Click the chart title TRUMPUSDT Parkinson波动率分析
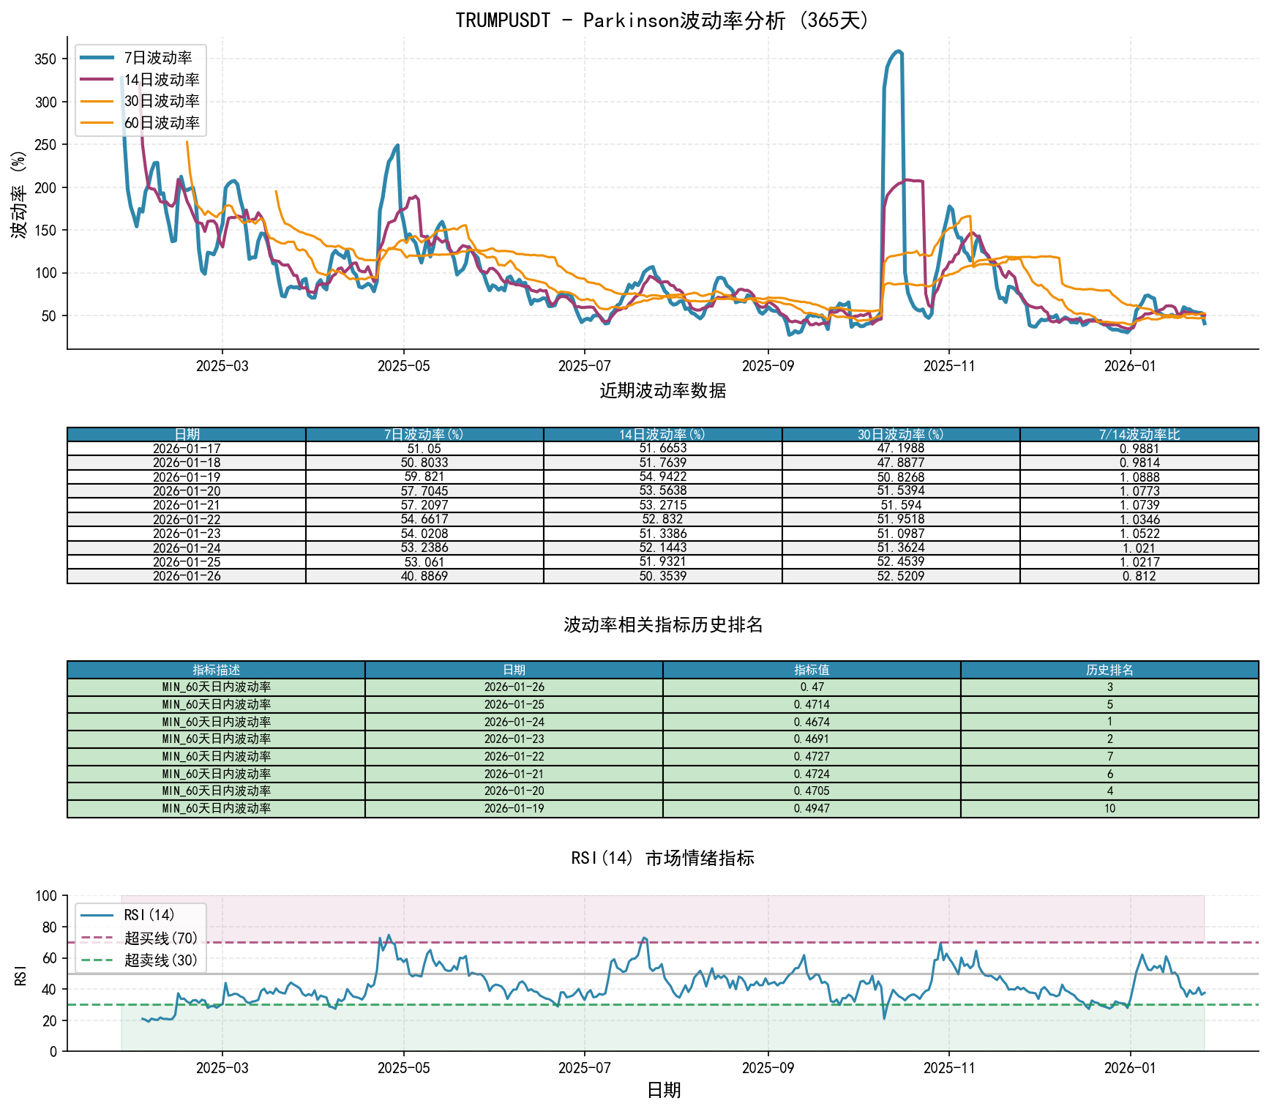tap(662, 20)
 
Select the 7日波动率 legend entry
tap(157, 58)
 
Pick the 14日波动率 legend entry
tap(161, 80)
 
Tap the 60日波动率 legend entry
tap(161, 123)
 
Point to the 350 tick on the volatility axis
tap(45, 59)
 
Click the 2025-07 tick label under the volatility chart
tap(584, 366)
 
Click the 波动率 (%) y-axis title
tap(19, 194)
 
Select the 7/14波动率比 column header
tap(1139, 435)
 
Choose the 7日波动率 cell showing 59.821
tap(424, 477)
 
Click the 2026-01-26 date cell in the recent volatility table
tap(187, 576)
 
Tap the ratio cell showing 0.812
tap(1139, 576)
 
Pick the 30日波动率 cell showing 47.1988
tap(901, 449)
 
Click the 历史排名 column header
tap(1109, 670)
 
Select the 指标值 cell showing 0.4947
tap(812, 809)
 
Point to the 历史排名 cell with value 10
tap(1109, 809)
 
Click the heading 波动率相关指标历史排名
tap(662, 624)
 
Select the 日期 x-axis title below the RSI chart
tap(664, 1090)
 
